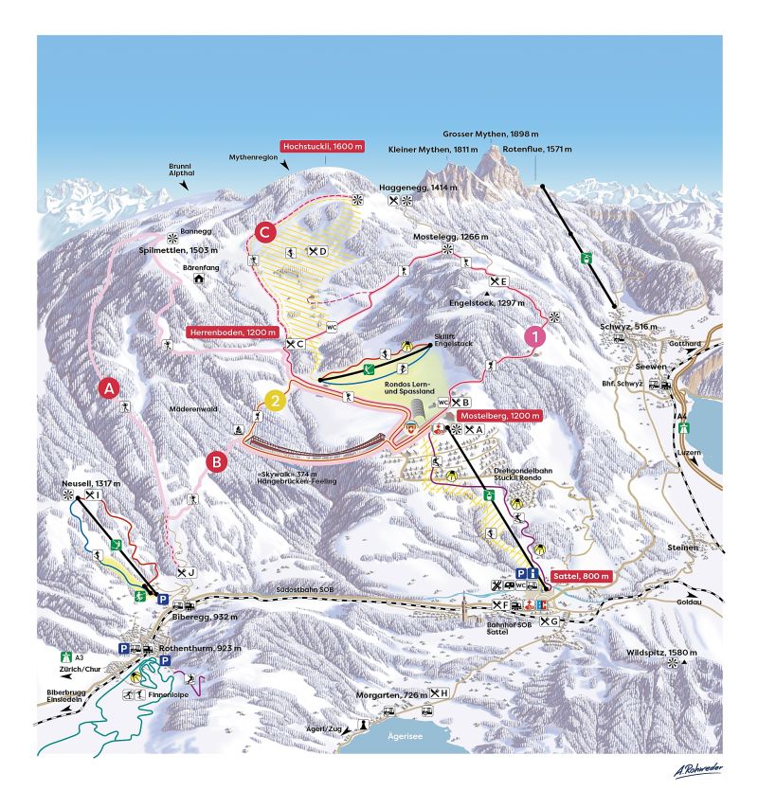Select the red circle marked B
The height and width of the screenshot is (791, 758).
point(216,462)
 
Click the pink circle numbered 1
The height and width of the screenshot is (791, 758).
point(535,334)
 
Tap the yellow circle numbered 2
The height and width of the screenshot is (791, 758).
point(275,400)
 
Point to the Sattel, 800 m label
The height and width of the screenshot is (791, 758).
point(579,576)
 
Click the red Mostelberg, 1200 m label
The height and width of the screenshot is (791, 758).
point(499,416)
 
